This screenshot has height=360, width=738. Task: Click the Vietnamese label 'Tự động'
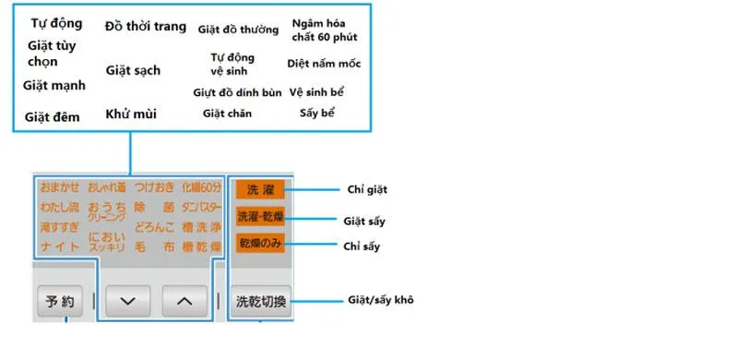pyautogui.click(x=56, y=23)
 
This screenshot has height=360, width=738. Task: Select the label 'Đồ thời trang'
pyautogui.click(x=145, y=26)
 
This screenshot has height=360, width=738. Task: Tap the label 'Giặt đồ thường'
pyautogui.click(x=238, y=29)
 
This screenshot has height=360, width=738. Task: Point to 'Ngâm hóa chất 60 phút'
pyautogui.click(x=324, y=30)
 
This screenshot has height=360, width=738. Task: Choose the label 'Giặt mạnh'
pyautogui.click(x=54, y=85)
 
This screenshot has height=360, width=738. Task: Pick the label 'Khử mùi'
pyautogui.click(x=131, y=114)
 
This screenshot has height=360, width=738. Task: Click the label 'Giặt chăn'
pyautogui.click(x=227, y=114)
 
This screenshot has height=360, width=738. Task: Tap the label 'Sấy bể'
pyautogui.click(x=317, y=114)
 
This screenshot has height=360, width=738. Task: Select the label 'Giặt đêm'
pyautogui.click(x=53, y=117)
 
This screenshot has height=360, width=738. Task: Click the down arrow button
pyautogui.click(x=128, y=300)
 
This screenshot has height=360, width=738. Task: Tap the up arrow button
pyautogui.click(x=185, y=300)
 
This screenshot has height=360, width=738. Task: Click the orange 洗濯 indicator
pyautogui.click(x=259, y=189)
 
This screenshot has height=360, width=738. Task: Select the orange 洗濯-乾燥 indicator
pyautogui.click(x=259, y=218)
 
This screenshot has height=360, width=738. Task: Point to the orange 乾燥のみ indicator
pyautogui.click(x=259, y=245)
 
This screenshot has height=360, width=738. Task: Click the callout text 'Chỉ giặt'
pyautogui.click(x=366, y=189)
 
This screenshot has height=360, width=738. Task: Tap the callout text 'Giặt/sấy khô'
pyautogui.click(x=378, y=300)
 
